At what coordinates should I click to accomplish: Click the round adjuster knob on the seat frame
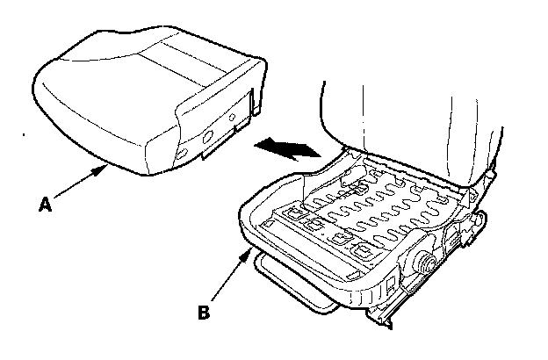click(x=424, y=261)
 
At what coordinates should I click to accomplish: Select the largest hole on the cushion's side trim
click(x=208, y=137)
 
